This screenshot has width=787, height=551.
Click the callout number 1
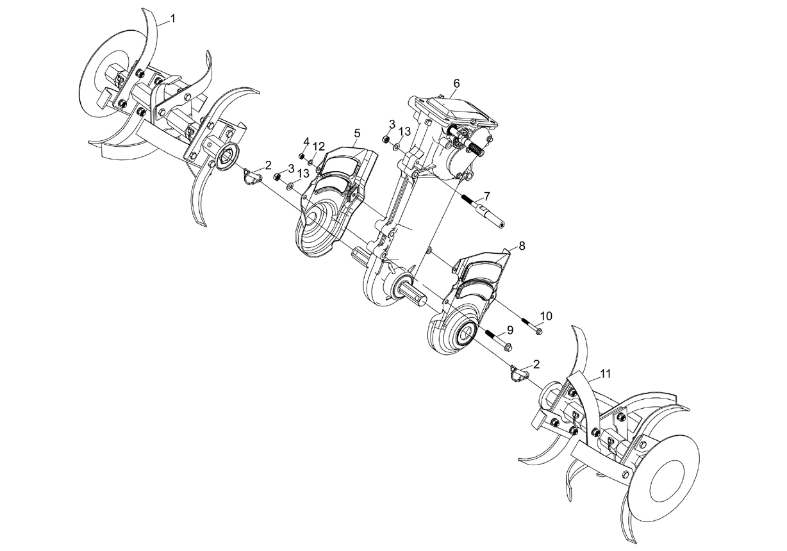(172, 19)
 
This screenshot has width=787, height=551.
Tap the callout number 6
(456, 83)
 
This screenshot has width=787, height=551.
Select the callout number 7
(486, 195)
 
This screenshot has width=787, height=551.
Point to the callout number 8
(522, 246)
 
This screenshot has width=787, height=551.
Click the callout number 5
(357, 133)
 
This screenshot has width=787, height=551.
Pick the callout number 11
(605, 374)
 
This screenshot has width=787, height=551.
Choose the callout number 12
(319, 147)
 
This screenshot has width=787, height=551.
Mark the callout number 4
(306, 142)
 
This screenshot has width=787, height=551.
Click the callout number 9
(509, 330)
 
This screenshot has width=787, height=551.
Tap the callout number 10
(545, 316)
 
